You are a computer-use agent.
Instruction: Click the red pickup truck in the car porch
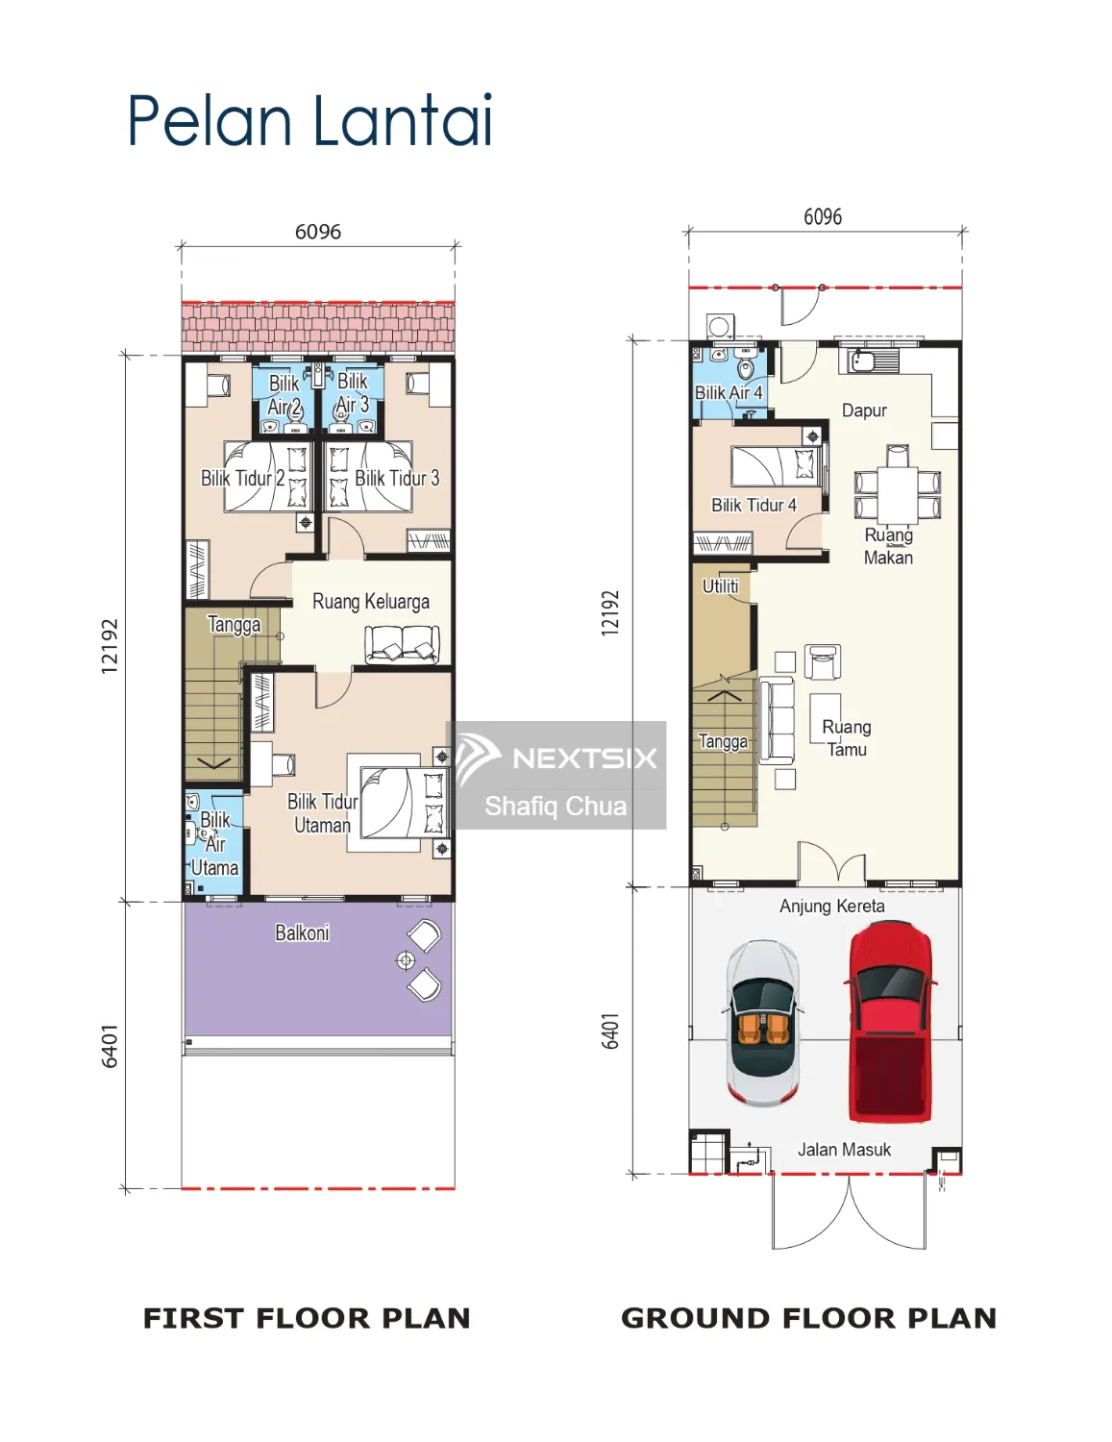pos(889,1022)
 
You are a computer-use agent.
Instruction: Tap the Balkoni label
pos(302,932)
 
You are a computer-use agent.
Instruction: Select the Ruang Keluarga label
pos(371,602)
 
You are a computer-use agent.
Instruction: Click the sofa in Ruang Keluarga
pos(402,643)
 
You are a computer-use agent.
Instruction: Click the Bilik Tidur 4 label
pos(754,505)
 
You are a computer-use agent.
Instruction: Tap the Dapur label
pos(864,410)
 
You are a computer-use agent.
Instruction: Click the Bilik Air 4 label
pos(729,392)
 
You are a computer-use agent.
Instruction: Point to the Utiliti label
pos(720,585)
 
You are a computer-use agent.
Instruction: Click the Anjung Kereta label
pos(831,906)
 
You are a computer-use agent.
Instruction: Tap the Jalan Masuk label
pos(844,1149)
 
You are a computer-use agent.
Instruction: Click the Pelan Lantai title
pos(309,121)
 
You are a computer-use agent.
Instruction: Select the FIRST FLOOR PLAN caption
pos(307,1318)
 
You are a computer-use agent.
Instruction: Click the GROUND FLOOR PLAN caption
pos(808,1318)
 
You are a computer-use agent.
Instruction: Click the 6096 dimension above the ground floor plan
pos(823,217)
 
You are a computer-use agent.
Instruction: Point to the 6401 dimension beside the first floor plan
pos(110,1045)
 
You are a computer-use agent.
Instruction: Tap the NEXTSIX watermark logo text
pos(583,758)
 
